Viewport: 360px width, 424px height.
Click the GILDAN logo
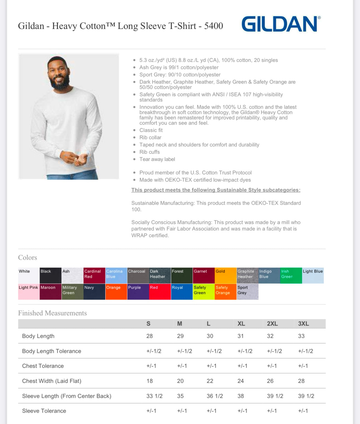click(x=281, y=24)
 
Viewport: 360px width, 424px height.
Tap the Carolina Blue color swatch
click(x=116, y=275)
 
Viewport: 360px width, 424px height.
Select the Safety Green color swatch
click(x=203, y=291)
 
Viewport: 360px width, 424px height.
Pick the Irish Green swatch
click(x=291, y=275)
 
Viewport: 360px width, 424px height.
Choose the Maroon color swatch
click(x=50, y=291)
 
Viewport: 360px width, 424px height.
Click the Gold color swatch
click(x=225, y=275)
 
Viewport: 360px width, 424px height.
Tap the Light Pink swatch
click(x=28, y=291)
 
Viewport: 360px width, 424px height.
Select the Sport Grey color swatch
click(x=247, y=291)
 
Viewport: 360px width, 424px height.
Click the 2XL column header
click(x=272, y=324)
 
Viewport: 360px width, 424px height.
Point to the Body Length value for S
click(x=150, y=336)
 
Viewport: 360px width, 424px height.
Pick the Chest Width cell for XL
click(x=241, y=381)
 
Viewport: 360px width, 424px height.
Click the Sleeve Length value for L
click(x=215, y=396)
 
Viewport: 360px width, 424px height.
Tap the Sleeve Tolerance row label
click(x=44, y=411)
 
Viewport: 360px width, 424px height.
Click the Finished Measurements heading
click(x=52, y=313)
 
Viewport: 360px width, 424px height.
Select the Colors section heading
click(x=28, y=257)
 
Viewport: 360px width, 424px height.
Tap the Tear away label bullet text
click(x=157, y=159)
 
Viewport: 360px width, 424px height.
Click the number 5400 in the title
click(x=213, y=26)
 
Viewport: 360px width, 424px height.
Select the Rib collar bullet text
click(x=150, y=138)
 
